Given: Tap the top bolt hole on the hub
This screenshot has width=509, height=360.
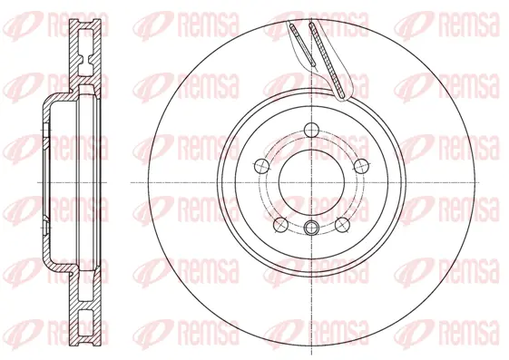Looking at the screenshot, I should point(311,129).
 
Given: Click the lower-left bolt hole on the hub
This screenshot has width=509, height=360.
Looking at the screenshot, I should point(280,222).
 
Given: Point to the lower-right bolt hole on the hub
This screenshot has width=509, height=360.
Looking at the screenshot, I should point(342,222).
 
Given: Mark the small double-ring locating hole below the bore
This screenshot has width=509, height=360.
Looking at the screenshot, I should point(311,229).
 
